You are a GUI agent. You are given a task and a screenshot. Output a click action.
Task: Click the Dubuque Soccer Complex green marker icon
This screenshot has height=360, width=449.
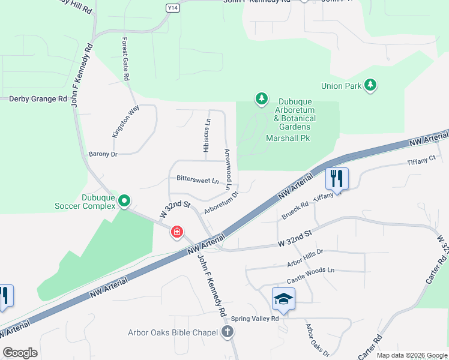pos(124,200)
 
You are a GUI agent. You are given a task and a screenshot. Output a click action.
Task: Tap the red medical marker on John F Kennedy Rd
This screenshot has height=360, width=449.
pos(176,232)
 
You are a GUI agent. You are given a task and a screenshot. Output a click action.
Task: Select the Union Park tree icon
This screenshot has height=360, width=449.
pos(371,85)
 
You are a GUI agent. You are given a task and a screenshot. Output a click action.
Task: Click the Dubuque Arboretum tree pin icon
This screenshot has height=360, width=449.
pos(261,98)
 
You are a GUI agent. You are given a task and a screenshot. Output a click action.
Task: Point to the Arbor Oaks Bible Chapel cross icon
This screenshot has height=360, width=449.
pos(227,332)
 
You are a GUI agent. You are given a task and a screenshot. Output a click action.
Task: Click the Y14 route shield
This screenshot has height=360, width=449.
pos(172,8)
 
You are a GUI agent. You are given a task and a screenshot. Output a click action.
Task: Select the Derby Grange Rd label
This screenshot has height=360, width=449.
pos(38,99)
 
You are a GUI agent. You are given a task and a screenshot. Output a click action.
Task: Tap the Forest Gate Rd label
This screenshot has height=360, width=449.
pos(125,60)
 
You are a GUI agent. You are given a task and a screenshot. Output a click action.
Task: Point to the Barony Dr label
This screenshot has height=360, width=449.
pos(103,154)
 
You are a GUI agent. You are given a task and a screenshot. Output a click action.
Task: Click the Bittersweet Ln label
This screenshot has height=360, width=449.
pos(197,179)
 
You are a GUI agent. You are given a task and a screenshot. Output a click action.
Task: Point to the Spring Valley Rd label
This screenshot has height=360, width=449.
pos(256,319)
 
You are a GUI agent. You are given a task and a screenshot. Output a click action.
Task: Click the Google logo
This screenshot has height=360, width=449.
pos(20,353)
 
